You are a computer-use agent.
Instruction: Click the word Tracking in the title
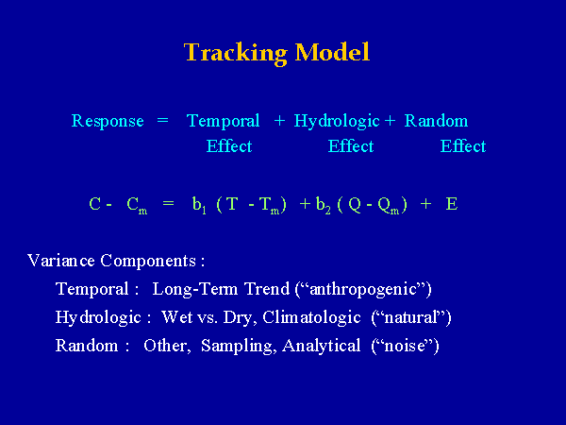[x=235, y=53]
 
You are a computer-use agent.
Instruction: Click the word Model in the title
[x=332, y=52]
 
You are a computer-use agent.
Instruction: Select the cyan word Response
[x=108, y=121]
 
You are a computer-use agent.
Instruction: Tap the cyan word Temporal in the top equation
[x=223, y=121]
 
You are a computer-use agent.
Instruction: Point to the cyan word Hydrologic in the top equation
[x=337, y=121]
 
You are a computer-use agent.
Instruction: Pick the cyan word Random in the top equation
[x=436, y=121]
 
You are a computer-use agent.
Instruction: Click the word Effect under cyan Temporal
[x=229, y=146]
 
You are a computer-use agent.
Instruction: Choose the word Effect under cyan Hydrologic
[x=351, y=146]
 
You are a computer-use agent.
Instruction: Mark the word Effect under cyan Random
[x=463, y=146]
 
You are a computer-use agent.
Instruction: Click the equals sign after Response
[x=163, y=120]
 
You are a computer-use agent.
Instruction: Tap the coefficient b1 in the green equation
[x=199, y=205]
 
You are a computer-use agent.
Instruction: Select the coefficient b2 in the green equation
[x=324, y=205]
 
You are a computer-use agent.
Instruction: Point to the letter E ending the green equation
[x=452, y=204]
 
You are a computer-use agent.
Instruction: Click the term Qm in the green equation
[x=389, y=206]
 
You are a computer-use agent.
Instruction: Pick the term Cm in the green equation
[x=137, y=206]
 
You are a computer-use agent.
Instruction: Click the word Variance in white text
[x=61, y=261]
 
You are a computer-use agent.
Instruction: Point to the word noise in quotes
[x=405, y=346]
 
